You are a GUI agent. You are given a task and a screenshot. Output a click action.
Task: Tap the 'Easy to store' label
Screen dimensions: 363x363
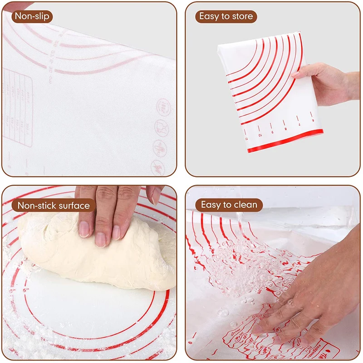226,17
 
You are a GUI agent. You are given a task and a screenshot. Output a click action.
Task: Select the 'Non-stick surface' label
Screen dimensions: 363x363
54,206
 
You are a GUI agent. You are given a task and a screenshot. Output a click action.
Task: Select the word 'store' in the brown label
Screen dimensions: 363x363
242,17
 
